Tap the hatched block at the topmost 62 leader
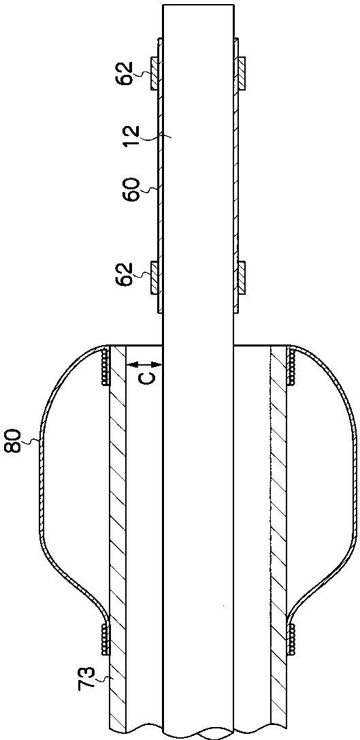tap(154, 73)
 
